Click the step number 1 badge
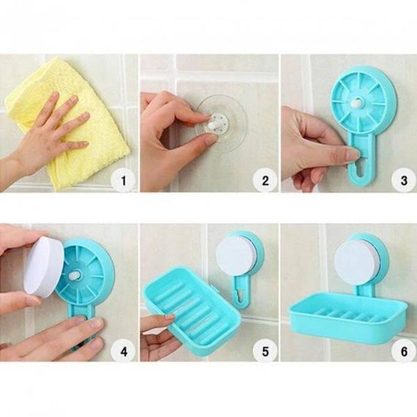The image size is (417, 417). (x=124, y=181)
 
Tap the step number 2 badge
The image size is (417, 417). (x=265, y=181)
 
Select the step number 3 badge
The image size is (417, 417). (x=404, y=181)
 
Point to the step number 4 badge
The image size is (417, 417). (x=124, y=352)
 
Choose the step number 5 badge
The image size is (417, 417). (x=265, y=352)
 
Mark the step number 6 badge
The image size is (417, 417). (x=404, y=352)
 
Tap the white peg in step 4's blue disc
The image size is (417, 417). (x=74, y=276)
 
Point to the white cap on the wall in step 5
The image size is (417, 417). (x=233, y=255)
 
